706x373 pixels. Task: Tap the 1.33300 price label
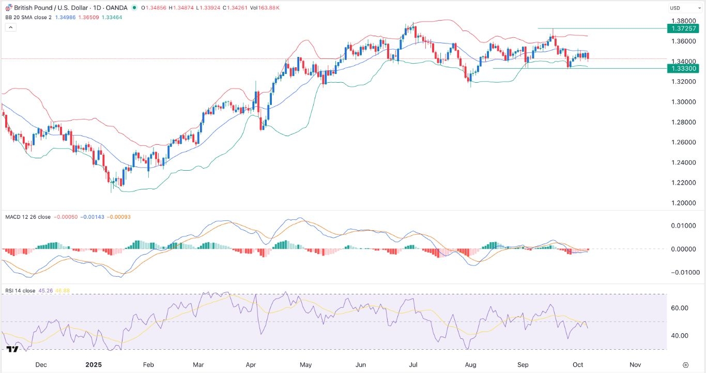[685, 68]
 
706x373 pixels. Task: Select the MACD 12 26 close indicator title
[28, 217]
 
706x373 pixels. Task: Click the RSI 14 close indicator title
[20, 291]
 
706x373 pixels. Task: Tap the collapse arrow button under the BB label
[11, 27]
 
